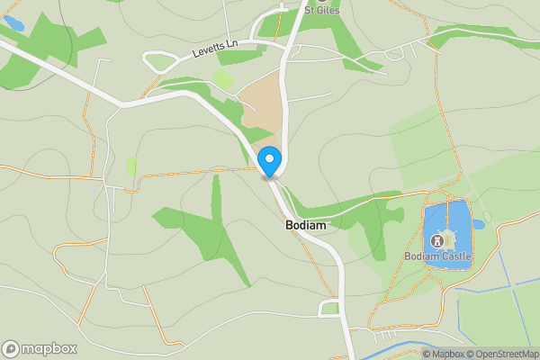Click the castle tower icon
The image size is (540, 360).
pyautogui.click(x=437, y=240)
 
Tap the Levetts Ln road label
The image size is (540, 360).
pyautogui.click(x=213, y=49)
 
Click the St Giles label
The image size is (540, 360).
pyautogui.click(x=321, y=11)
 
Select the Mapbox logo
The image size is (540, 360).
pyautogui.click(x=40, y=348)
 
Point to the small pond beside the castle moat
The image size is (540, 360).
pyautogui.click(x=478, y=225)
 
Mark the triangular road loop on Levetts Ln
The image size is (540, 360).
pyautogui.click(x=159, y=62)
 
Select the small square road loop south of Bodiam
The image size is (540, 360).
pyautogui.click(x=329, y=309)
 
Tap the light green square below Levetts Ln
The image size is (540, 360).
pyautogui.click(x=223, y=79)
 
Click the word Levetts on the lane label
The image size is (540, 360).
pyautogui.click(x=207, y=51)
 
